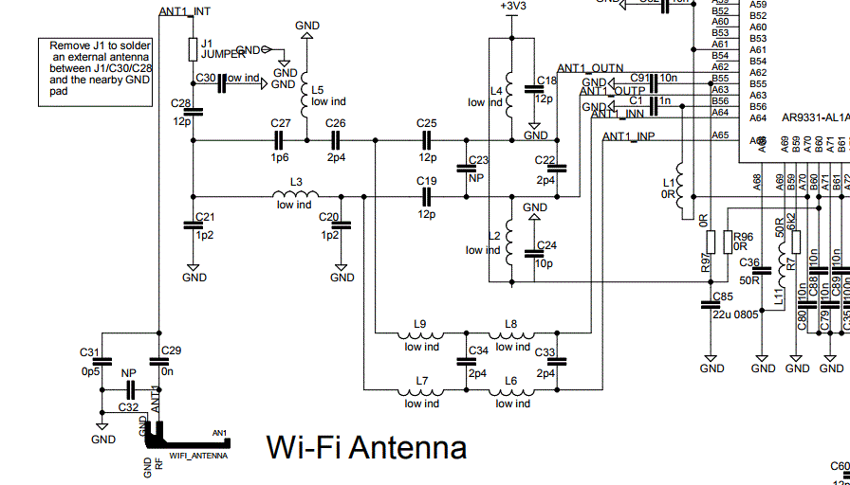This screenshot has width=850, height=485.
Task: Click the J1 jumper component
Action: tap(193, 47)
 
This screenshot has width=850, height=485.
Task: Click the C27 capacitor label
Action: tap(280, 124)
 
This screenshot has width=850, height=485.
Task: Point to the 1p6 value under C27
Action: tap(280, 158)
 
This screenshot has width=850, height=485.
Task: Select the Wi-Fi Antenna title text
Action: tap(366, 446)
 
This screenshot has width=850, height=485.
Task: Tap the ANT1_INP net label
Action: tap(628, 136)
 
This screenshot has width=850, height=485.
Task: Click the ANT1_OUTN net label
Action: tap(590, 68)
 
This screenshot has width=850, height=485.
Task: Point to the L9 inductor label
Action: tap(420, 324)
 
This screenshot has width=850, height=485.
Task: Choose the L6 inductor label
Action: tap(511, 381)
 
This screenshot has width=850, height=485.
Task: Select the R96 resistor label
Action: tap(743, 238)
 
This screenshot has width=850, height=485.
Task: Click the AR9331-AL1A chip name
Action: tap(813, 118)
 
